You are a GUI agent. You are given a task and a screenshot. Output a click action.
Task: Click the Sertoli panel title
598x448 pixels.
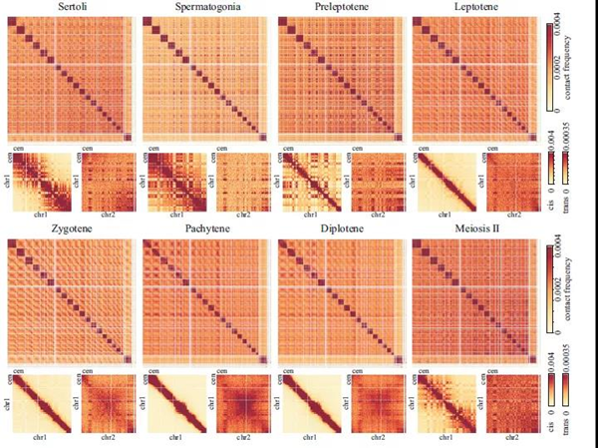(x=71, y=8)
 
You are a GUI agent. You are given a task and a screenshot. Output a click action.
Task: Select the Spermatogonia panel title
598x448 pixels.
(x=205, y=8)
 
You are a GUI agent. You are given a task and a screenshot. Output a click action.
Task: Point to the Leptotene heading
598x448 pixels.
(x=474, y=8)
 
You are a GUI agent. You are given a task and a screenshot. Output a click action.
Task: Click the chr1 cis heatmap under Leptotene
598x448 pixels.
(x=444, y=181)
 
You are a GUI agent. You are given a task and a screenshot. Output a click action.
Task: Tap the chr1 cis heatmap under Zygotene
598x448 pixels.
(x=41, y=403)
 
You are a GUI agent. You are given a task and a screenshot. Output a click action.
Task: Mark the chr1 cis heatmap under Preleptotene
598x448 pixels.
(x=309, y=181)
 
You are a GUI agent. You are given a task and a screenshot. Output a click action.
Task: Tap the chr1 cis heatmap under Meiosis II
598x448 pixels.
(x=444, y=403)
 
